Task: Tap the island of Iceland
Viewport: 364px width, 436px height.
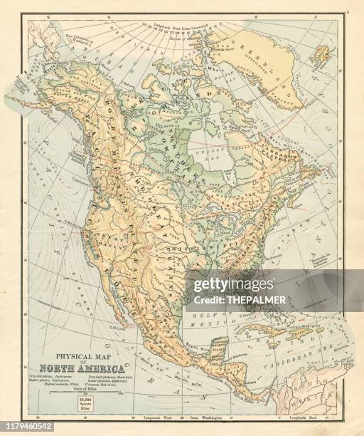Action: tap(321, 54)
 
